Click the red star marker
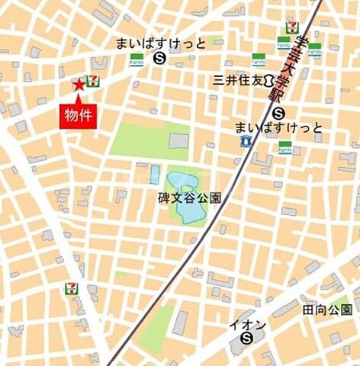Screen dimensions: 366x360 click(79, 85)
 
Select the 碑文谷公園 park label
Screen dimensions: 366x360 click(185, 197)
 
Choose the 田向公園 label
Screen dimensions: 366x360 click(326, 310)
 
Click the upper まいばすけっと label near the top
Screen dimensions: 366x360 click(160, 43)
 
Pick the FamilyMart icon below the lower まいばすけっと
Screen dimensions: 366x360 click(284, 147)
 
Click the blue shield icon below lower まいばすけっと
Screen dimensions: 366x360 click(246, 140)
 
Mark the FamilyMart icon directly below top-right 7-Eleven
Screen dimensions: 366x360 click(284, 46)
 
